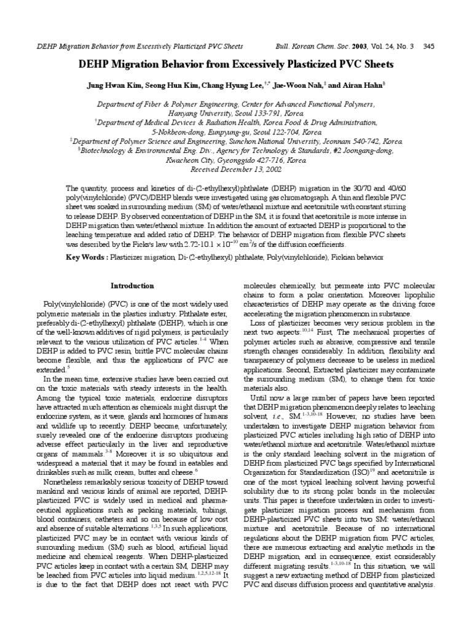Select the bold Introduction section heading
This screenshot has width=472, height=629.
pos(132,286)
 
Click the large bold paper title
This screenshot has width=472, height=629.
pos(236,64)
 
